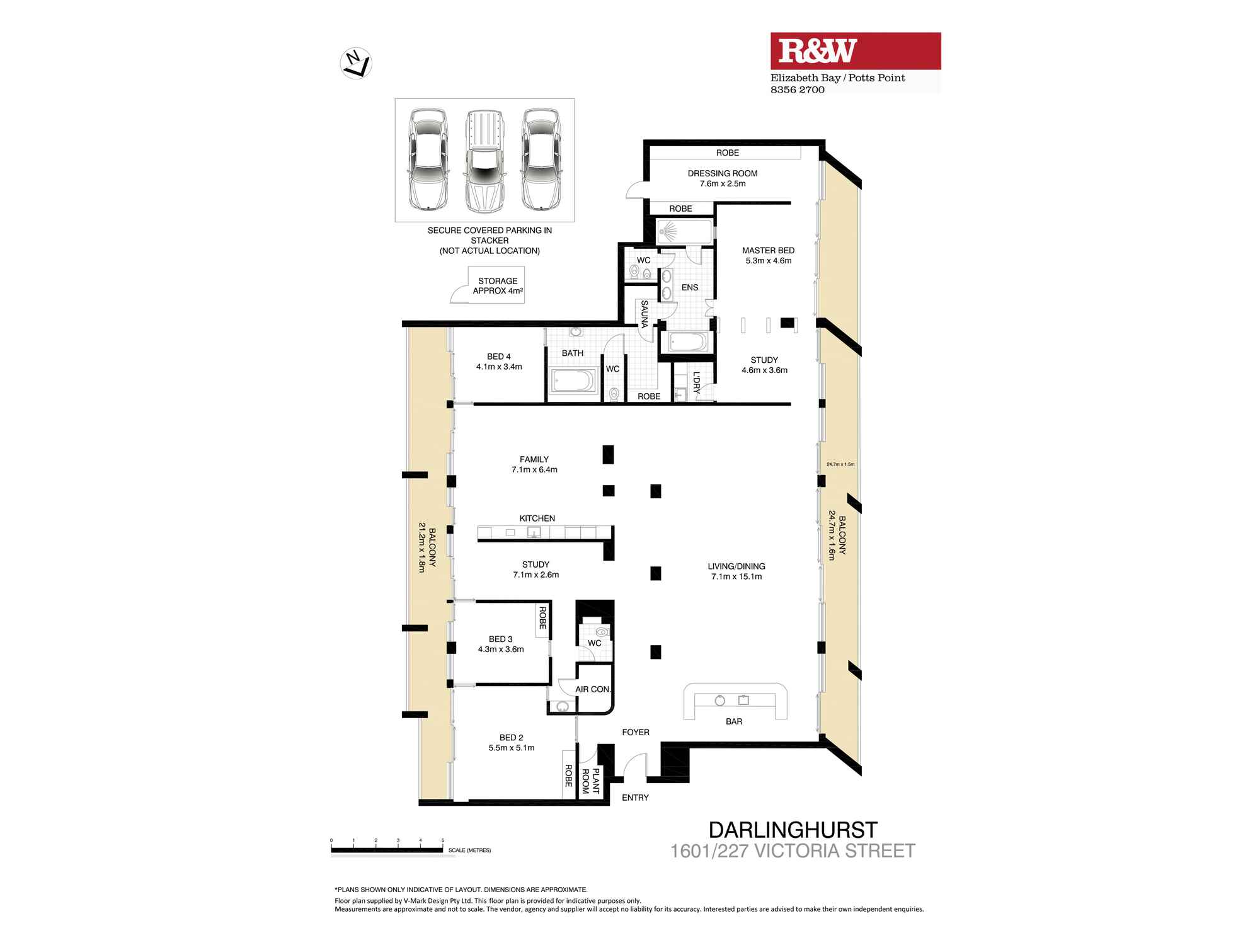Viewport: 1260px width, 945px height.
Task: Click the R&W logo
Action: pyautogui.click(x=856, y=51)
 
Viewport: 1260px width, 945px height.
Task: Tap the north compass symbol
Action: pyautogui.click(x=356, y=64)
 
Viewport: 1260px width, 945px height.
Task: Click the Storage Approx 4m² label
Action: pyautogui.click(x=498, y=286)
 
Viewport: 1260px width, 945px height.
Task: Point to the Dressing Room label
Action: pyautogui.click(x=723, y=178)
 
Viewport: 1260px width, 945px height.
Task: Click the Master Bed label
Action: pyautogui.click(x=768, y=255)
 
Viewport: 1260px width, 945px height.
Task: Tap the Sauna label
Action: pyautogui.click(x=644, y=314)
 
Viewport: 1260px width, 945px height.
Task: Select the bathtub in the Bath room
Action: pyautogui.click(x=573, y=381)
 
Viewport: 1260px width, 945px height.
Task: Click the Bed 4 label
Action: pyautogui.click(x=499, y=362)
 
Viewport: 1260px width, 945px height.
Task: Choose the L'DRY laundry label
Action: pyautogui.click(x=696, y=382)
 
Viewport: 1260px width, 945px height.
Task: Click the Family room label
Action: pyautogui.click(x=534, y=464)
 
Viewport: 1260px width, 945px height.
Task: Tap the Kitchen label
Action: pyautogui.click(x=537, y=518)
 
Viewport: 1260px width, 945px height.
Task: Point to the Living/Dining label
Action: pyautogui.click(x=736, y=571)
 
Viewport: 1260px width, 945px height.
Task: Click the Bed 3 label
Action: pyautogui.click(x=501, y=644)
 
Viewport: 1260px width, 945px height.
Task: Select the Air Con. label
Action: pyautogui.click(x=593, y=689)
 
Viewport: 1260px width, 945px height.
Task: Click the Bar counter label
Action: pyautogui.click(x=734, y=721)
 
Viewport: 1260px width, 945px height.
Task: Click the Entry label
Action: pyautogui.click(x=635, y=798)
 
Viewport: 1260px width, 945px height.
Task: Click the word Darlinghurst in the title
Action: pyautogui.click(x=793, y=830)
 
